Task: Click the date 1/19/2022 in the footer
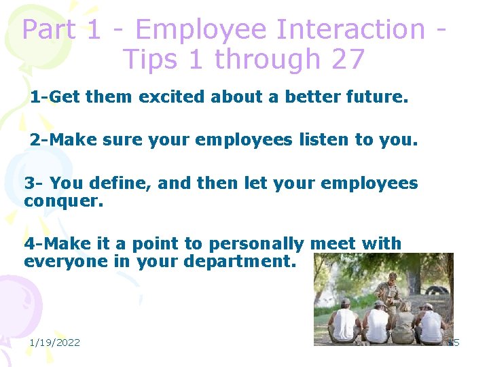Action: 54,343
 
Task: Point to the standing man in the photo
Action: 390,289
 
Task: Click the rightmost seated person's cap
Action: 427,307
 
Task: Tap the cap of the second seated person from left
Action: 378,304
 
